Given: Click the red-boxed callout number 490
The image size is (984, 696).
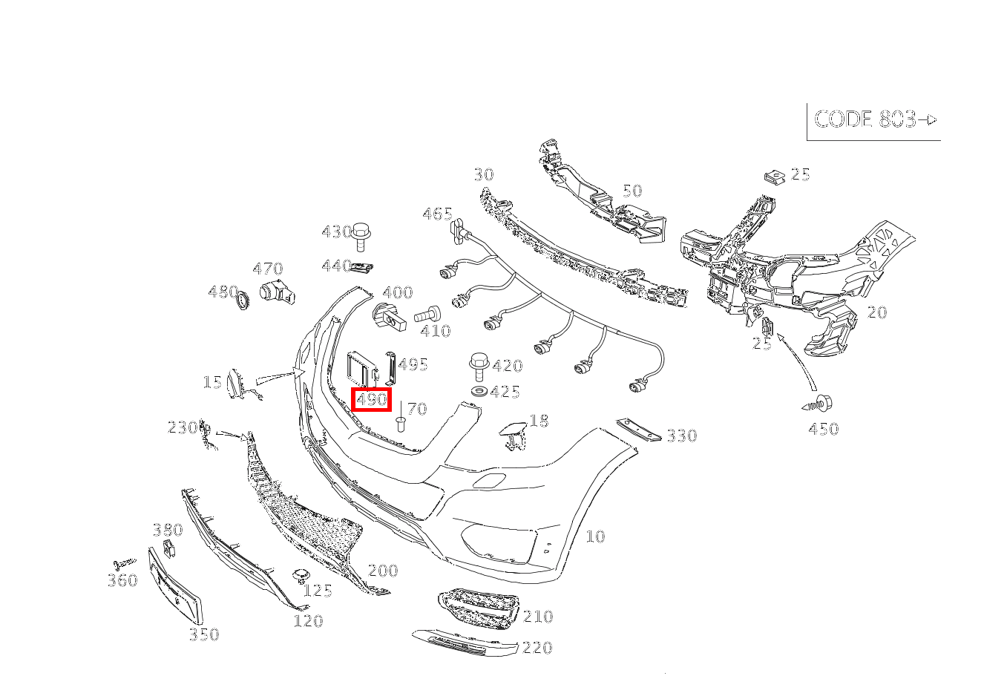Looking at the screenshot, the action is [372, 400].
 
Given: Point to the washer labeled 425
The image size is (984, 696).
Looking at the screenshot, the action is [479, 390].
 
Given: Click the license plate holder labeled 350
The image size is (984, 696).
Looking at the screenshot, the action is [176, 585].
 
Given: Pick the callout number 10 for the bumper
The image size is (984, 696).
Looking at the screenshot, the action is [596, 536].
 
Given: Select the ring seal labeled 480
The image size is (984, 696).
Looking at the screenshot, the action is [243, 301].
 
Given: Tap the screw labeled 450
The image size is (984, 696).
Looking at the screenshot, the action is [818, 404].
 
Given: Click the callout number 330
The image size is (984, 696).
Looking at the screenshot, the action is [682, 436].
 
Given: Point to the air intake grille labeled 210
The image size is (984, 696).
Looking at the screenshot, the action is [479, 608].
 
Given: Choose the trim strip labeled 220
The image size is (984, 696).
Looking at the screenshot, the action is [465, 643].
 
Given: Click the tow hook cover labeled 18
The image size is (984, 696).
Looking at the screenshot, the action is [512, 434].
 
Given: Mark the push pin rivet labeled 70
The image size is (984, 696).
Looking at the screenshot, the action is [401, 424].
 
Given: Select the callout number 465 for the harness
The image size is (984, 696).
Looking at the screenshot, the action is [437, 214].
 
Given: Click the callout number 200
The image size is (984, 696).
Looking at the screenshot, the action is [383, 571].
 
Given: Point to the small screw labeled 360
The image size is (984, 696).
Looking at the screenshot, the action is [125, 562].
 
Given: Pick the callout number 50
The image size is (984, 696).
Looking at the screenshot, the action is [632, 191].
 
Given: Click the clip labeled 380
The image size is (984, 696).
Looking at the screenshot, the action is [169, 549].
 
